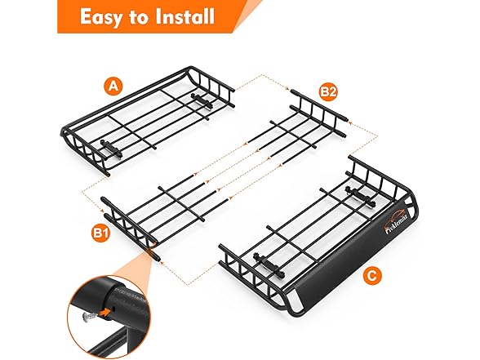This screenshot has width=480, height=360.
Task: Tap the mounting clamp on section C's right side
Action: (x=358, y=194)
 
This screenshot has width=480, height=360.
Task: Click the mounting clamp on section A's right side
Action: (x=200, y=100)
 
